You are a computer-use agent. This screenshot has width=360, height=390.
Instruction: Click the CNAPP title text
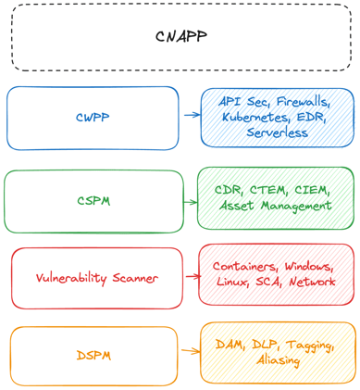click(180, 37)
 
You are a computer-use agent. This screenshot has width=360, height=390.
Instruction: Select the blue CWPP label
click(93, 118)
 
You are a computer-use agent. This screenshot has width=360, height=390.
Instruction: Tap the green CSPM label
click(93, 201)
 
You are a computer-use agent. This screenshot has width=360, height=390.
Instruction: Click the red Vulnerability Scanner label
click(97, 278)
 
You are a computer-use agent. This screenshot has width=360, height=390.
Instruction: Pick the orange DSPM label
click(93, 356)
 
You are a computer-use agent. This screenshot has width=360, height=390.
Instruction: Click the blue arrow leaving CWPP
click(192, 116)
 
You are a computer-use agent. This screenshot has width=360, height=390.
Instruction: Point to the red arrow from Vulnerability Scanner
click(192, 276)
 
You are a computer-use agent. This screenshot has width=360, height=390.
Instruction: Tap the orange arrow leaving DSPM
click(191, 351)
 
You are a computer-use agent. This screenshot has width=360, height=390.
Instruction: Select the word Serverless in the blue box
click(278, 132)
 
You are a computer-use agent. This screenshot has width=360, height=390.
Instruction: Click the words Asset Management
click(275, 206)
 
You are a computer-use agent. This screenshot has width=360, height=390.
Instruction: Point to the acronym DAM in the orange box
click(230, 344)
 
